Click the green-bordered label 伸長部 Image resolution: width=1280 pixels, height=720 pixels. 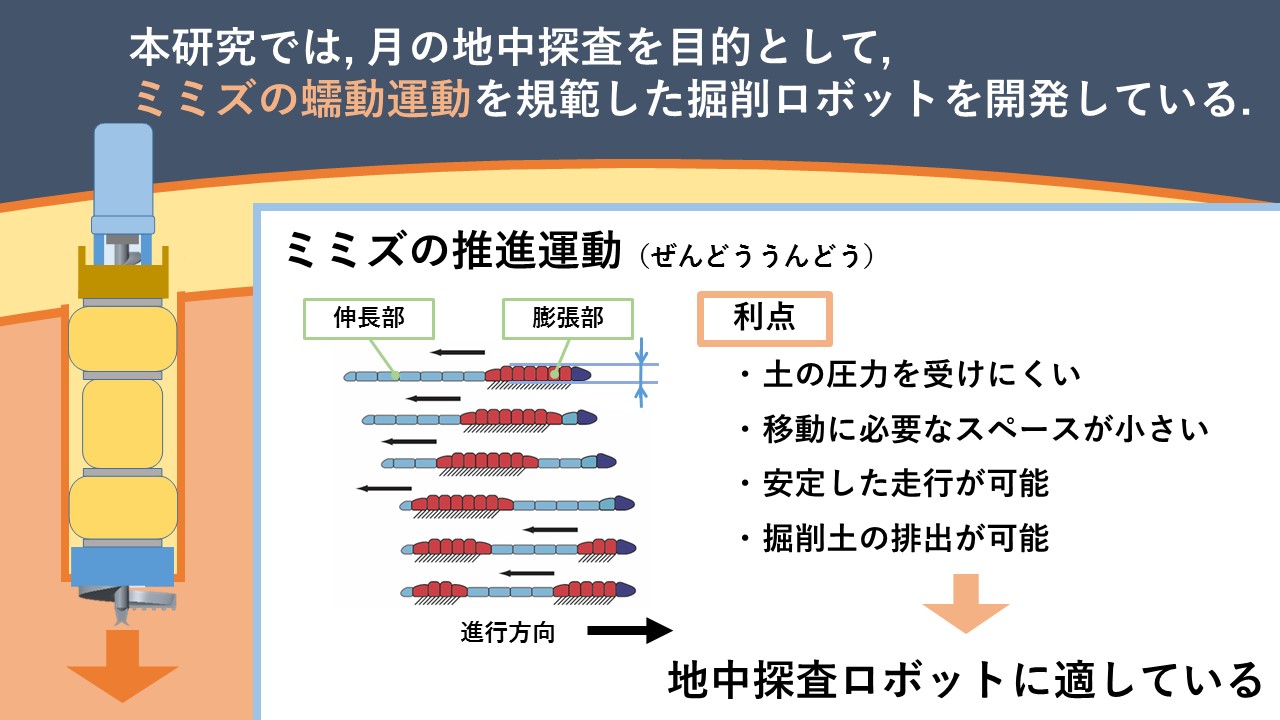[369, 318]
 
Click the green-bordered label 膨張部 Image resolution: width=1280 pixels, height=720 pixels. [567, 318]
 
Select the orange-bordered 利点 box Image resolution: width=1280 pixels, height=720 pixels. [765, 318]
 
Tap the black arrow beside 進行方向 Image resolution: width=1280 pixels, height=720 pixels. [630, 631]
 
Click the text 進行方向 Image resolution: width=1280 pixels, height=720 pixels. [507, 633]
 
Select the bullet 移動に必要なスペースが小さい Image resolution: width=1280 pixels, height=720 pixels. [973, 429]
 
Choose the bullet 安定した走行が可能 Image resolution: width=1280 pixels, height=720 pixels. [893, 483]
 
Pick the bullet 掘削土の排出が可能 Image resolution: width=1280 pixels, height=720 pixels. [893, 538]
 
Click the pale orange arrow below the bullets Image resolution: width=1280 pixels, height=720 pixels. [966, 603]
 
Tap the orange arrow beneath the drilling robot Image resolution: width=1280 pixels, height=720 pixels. [122, 666]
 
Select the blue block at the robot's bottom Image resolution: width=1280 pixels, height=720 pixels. [122, 567]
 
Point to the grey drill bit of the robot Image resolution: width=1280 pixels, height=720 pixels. [123, 603]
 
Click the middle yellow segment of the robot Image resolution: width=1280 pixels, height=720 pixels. [122, 424]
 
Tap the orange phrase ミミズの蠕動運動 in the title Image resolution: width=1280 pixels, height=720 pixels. [302, 99]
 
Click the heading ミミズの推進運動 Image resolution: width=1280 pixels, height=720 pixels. [453, 250]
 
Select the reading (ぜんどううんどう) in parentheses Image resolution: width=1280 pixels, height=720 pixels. [757, 255]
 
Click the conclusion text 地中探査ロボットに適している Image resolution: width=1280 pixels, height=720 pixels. [965, 680]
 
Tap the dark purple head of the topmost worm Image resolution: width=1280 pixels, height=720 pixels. [581, 374]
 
